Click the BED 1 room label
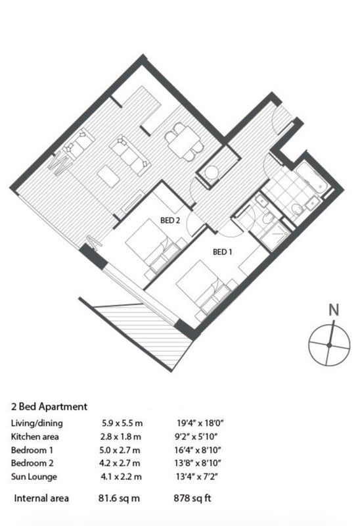coord(222,252)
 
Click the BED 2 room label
coord(170,220)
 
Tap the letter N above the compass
coord(334,310)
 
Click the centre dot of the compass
coord(329,345)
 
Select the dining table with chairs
coord(184,141)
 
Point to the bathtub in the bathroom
coord(311,179)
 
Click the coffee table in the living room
coord(108,176)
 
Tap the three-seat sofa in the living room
coord(129,155)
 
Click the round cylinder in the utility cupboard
coord(212,173)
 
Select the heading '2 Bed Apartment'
coord(49,406)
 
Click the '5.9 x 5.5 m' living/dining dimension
coord(122,423)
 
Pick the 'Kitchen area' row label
coord(35,437)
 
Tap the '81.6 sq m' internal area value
coord(119,498)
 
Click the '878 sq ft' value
coord(192,498)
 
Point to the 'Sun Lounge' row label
coord(34,477)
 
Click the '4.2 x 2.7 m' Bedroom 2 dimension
coord(120,464)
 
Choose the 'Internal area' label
coord(41,498)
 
